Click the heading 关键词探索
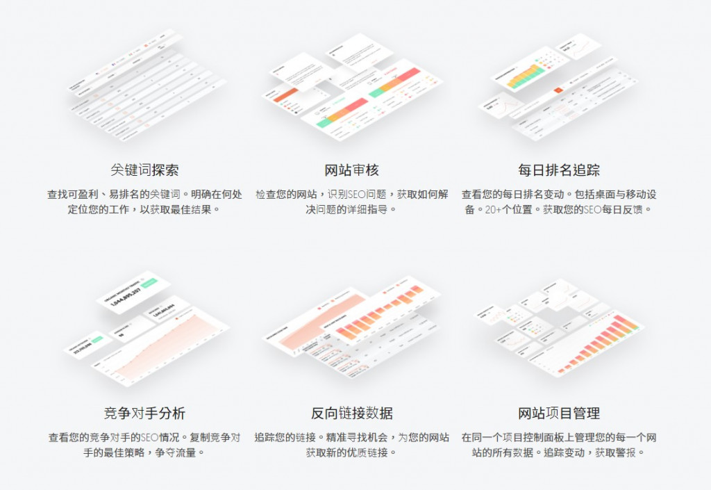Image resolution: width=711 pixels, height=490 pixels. [144, 170]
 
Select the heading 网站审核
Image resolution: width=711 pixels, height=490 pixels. [352, 170]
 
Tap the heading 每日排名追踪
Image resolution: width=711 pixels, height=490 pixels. [559, 170]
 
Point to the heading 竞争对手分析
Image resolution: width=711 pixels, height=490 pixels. [144, 413]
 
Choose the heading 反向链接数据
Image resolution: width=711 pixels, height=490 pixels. [352, 413]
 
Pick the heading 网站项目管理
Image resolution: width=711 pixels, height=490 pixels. [559, 413]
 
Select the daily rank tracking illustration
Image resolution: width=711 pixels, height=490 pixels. [555, 87]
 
